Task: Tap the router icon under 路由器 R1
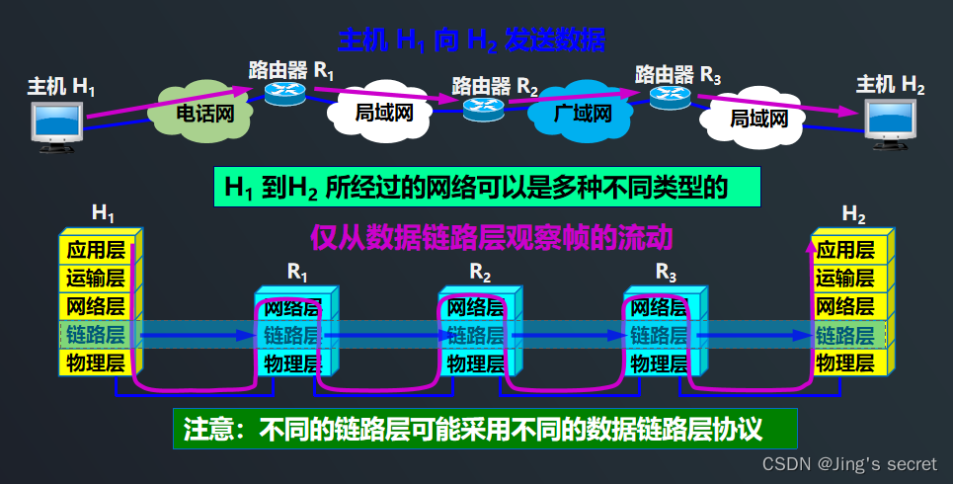click(285, 93)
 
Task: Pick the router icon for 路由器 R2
click(484, 107)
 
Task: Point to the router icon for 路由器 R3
click(669, 94)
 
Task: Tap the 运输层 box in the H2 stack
click(845, 278)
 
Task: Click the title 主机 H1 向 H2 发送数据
click(471, 40)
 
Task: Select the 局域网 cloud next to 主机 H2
click(758, 119)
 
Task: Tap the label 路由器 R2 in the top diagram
click(495, 84)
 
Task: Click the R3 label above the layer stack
click(667, 270)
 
